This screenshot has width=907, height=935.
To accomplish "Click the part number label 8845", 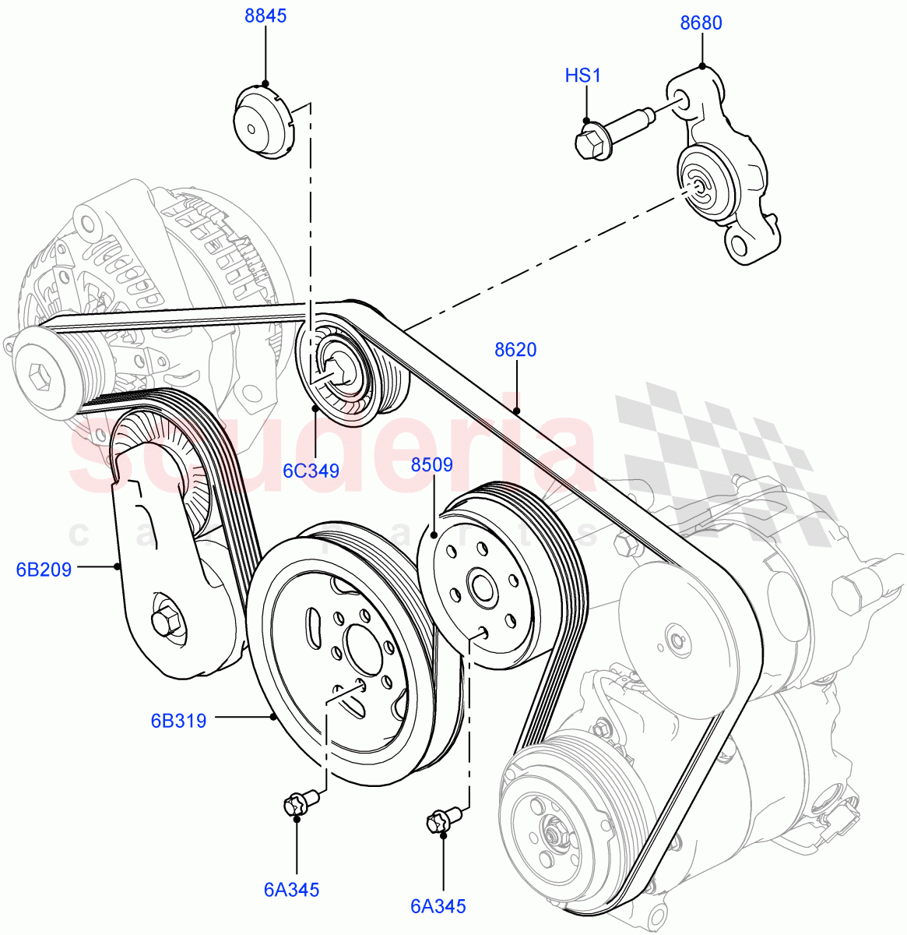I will click(265, 16).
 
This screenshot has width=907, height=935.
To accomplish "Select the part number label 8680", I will click(701, 23).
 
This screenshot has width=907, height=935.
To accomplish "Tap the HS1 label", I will click(583, 76).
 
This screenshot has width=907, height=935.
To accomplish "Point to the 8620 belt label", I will click(515, 350).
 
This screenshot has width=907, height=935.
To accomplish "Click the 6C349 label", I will click(311, 471).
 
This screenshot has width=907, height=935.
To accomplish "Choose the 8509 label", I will click(432, 465).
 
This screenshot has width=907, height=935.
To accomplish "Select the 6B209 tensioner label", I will click(44, 570).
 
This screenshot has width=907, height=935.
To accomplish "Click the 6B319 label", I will click(178, 721).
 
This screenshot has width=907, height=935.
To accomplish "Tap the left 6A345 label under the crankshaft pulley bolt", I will click(291, 890).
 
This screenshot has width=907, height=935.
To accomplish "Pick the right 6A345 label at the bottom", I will click(438, 906).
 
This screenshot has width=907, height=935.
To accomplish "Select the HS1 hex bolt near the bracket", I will click(592, 141).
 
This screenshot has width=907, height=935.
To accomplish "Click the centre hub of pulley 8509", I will click(479, 586).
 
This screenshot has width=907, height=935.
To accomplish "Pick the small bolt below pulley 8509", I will click(441, 820).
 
